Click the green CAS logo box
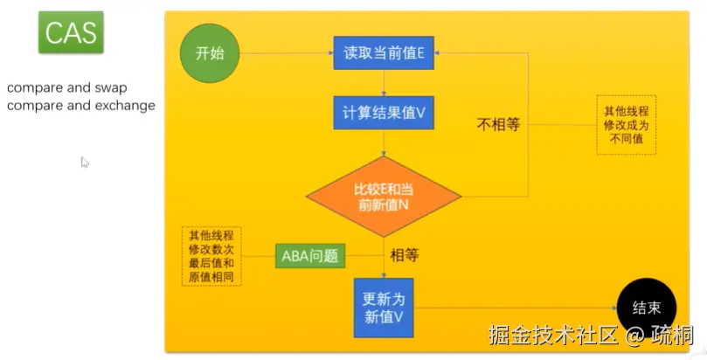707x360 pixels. (71, 34)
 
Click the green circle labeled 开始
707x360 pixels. (210, 53)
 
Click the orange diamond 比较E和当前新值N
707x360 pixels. (384, 197)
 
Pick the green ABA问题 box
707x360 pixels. (309, 256)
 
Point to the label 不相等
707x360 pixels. (498, 124)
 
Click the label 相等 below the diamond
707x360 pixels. (405, 255)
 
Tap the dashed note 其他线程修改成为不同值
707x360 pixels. (627, 125)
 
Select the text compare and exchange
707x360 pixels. (81, 106)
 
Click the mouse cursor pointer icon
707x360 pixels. (85, 162)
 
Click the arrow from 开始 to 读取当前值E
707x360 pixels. (285, 53)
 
